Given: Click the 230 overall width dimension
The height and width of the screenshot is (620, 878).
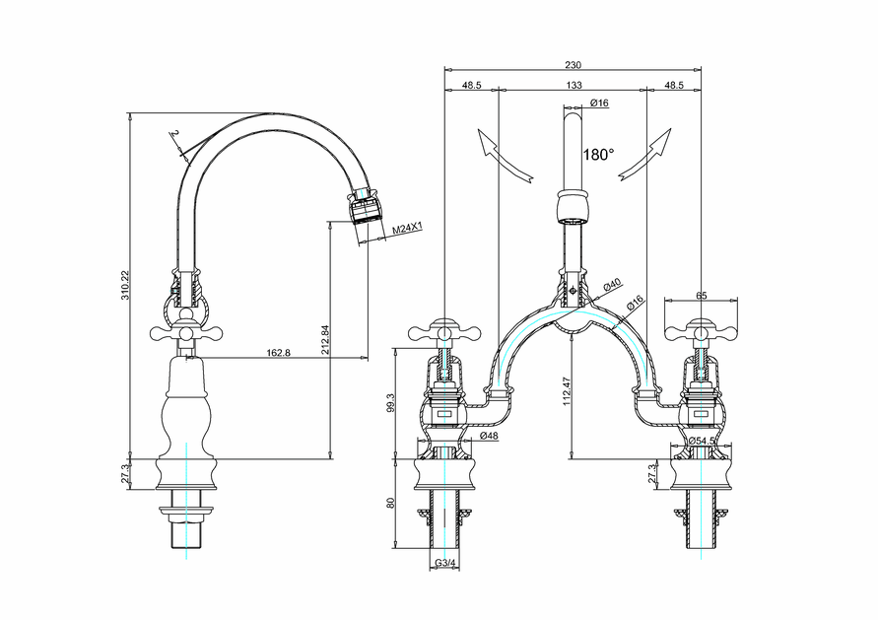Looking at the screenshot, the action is (x=573, y=65).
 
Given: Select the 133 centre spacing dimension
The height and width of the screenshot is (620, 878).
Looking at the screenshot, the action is (x=574, y=85).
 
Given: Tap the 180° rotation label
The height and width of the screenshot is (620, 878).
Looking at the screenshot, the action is (x=598, y=155).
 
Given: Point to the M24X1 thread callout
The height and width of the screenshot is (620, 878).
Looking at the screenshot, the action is (x=407, y=229).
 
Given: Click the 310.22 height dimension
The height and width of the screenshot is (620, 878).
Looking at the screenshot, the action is (x=125, y=285).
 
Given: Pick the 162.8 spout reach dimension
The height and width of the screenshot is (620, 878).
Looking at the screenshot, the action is (x=278, y=353).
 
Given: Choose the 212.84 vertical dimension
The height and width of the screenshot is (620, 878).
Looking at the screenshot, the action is (x=324, y=339).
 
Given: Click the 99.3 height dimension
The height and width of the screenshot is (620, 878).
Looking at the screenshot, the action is (x=391, y=403).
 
